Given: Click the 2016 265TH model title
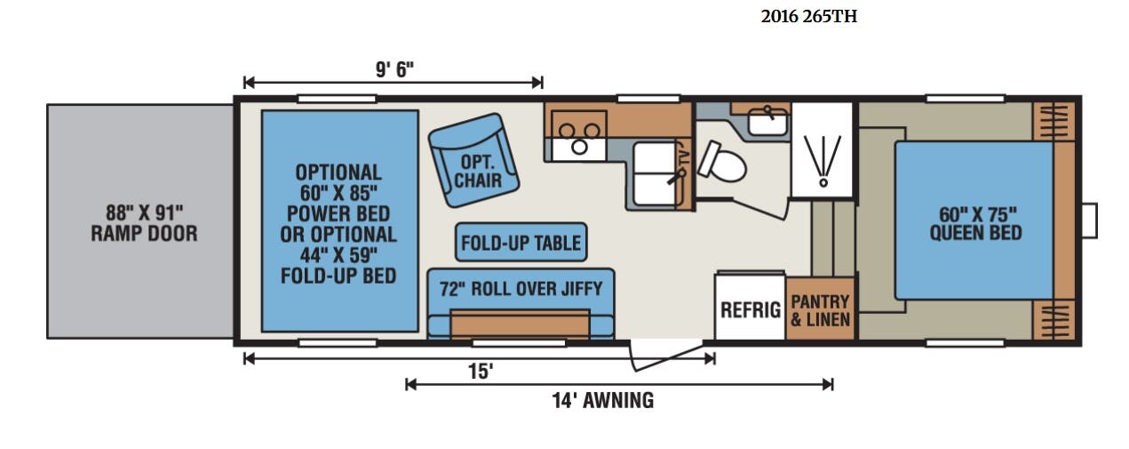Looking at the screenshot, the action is pyautogui.click(x=808, y=17).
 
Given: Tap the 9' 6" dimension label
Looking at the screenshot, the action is pyautogui.click(x=394, y=69).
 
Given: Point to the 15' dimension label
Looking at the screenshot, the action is pyautogui.click(x=481, y=372).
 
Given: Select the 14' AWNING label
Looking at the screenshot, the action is pyautogui.click(x=603, y=401).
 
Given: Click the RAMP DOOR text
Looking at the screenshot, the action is pyautogui.click(x=144, y=234).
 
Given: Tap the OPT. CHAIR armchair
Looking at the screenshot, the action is pyautogui.click(x=473, y=160).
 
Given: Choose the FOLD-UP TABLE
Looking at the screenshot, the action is pyautogui.click(x=521, y=242).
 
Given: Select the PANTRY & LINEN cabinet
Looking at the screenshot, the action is pyautogui.click(x=821, y=309).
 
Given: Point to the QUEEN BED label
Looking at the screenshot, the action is pyautogui.click(x=976, y=233).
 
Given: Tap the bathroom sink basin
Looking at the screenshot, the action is pyautogui.click(x=767, y=122).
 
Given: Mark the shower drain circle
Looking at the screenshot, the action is pyautogui.click(x=823, y=182).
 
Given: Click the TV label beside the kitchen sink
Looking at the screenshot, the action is pyautogui.click(x=684, y=156).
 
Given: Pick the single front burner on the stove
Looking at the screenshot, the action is pyautogui.click(x=580, y=147).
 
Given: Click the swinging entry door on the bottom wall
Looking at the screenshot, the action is pyautogui.click(x=666, y=357).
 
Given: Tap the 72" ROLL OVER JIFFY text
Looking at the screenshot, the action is pyautogui.click(x=521, y=289).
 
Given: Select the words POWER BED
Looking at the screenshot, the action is pyautogui.click(x=338, y=213).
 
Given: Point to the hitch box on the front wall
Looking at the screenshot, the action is pyautogui.click(x=1090, y=220).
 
